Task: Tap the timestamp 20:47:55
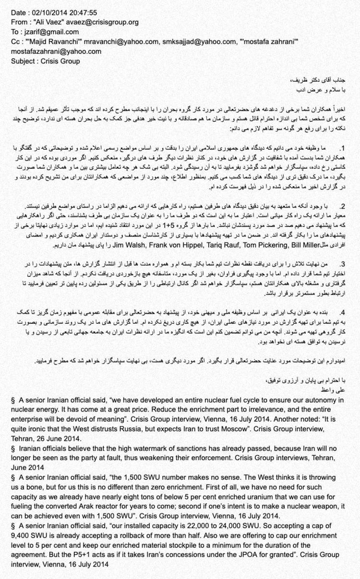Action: [x=84, y=12]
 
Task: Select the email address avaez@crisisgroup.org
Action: [x=105, y=22]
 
